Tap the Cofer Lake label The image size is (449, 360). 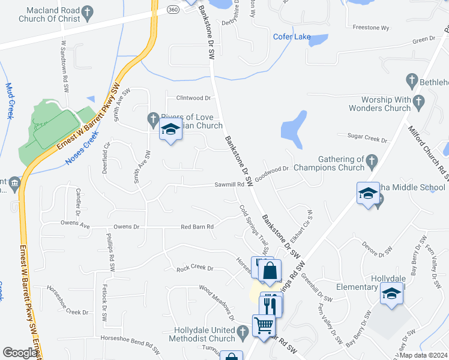292,37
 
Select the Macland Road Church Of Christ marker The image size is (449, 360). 87,12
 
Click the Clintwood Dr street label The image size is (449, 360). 193,98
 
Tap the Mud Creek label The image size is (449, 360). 10,101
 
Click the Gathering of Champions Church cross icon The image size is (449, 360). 372,160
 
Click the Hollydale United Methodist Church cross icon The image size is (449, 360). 243,331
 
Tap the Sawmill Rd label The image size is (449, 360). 229,185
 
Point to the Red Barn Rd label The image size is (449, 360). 197,227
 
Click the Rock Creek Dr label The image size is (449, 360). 195,268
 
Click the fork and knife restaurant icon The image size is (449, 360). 271,304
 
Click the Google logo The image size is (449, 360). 20,353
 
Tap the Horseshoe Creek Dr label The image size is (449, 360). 68,311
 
